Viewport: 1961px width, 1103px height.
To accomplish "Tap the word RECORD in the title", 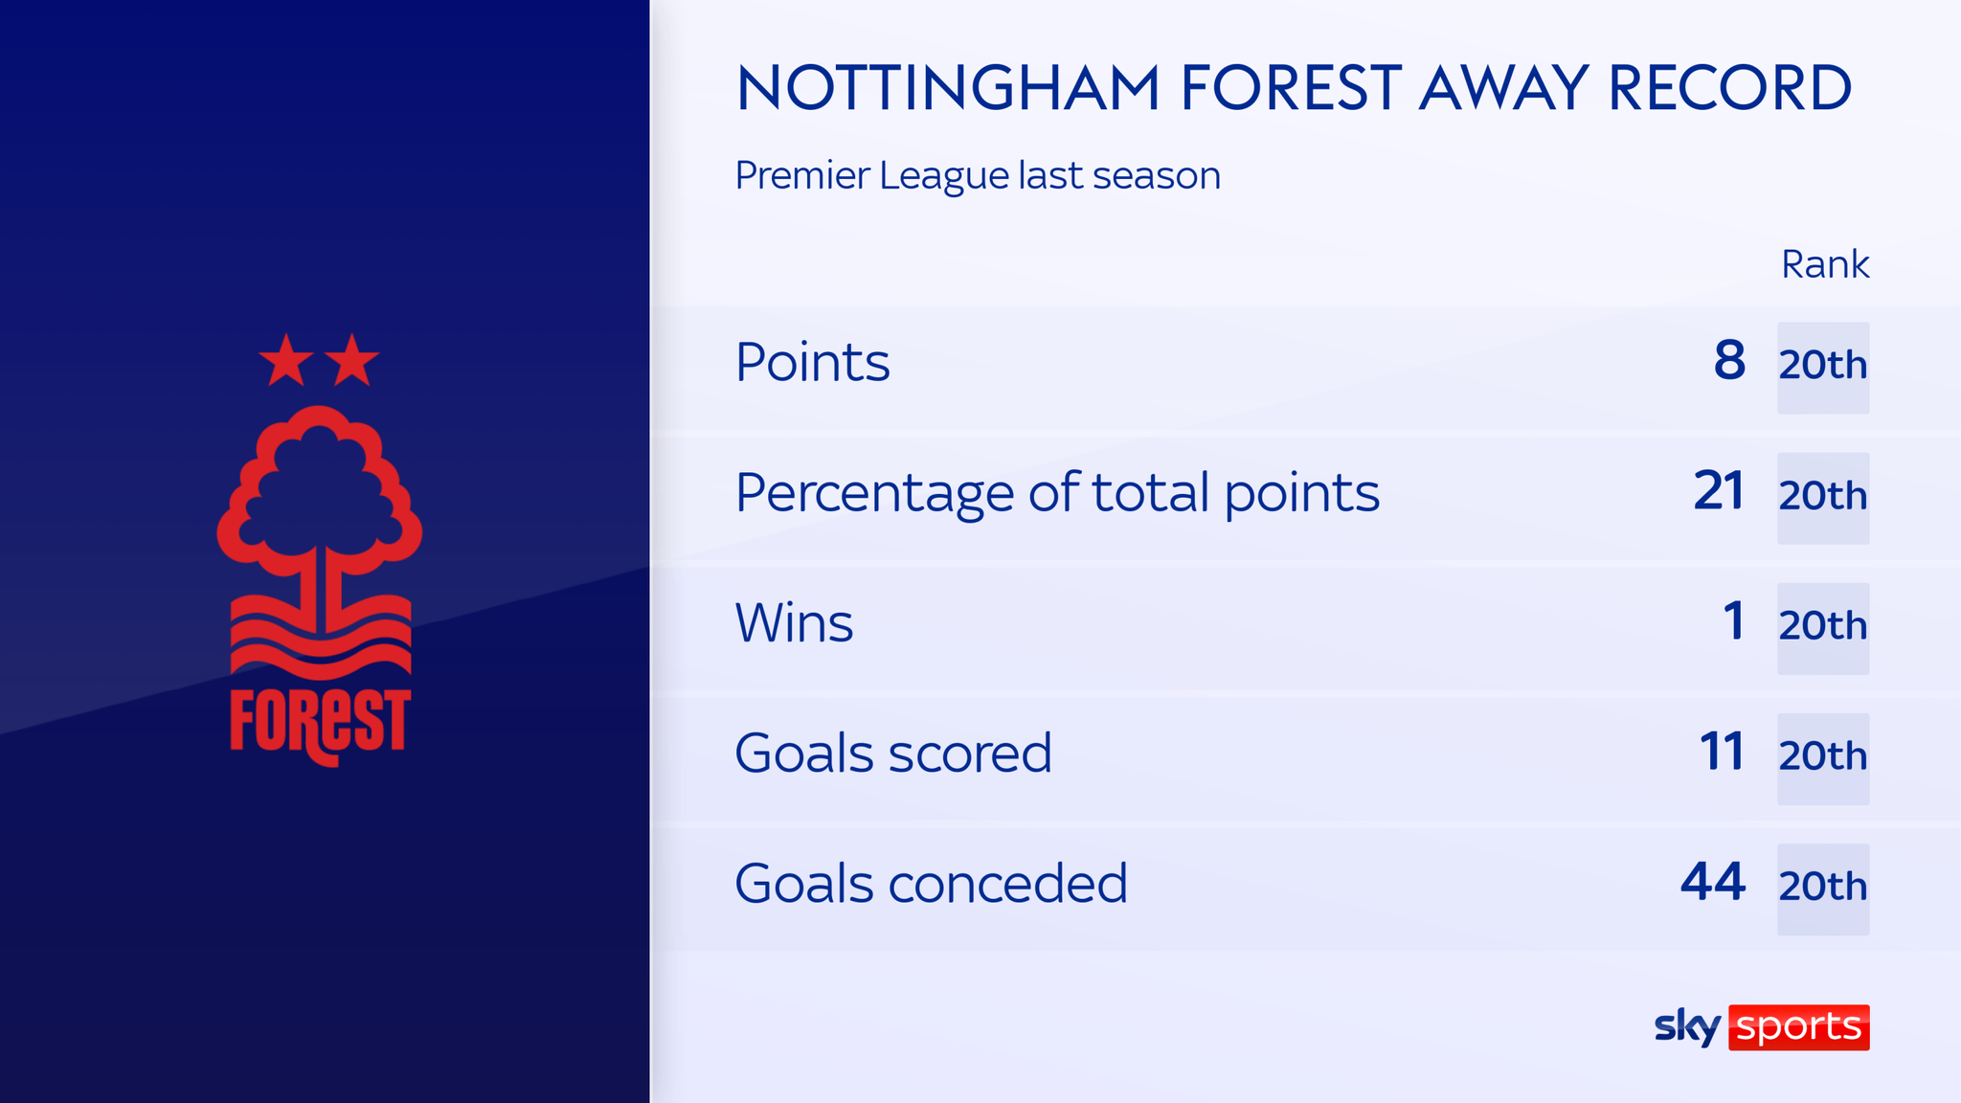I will (x=1729, y=88).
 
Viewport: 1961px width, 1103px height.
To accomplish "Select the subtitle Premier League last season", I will (x=978, y=176).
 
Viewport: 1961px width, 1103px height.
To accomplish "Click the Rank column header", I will (x=1824, y=264).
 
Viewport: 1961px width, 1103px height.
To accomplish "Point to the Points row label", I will (x=812, y=363).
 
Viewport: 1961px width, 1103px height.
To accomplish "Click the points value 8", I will (x=1729, y=361).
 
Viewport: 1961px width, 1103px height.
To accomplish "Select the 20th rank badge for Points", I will (x=1823, y=367).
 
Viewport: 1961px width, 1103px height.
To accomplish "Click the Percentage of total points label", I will (x=1057, y=493).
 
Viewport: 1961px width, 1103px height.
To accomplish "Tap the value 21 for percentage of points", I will (x=1719, y=491).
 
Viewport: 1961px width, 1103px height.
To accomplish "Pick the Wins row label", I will (x=794, y=623).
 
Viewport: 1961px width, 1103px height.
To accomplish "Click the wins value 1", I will (x=1734, y=621).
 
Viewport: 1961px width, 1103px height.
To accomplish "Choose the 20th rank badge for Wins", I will (x=1823, y=628).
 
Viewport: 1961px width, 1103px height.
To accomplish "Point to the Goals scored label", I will (x=892, y=754).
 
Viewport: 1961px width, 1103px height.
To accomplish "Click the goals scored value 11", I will (x=1722, y=752).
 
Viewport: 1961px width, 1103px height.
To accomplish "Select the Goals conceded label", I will (x=931, y=884).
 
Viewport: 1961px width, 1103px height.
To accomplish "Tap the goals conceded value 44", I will (x=1713, y=882).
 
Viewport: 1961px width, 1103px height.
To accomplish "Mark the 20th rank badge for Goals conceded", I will (x=1823, y=889).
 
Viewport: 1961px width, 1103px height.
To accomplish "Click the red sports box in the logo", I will (x=1798, y=1027).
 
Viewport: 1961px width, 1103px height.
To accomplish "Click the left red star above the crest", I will (x=286, y=362).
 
